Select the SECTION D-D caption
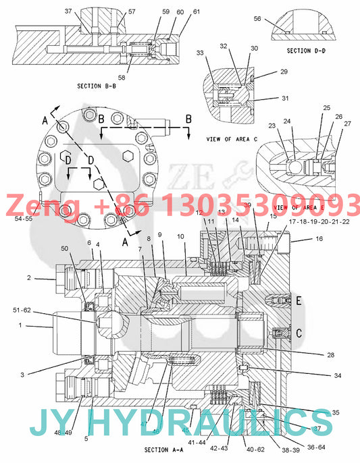pos(307,50)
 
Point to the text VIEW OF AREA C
pos(232,138)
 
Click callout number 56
pos(257,19)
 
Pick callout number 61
pos(197,11)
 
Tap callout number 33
pos(200,53)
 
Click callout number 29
pos(284,72)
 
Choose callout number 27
pos(348,124)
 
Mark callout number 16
pos(319,239)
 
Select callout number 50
pos(65,249)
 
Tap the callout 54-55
pos(24,218)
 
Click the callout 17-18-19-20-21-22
pos(319,221)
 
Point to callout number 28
pos(311,354)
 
